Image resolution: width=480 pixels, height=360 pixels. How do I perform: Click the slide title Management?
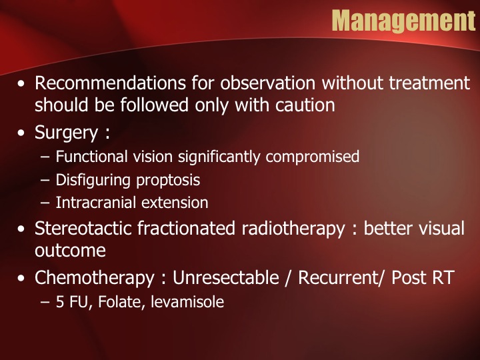coord(404,21)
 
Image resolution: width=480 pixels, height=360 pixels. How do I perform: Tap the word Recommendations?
coord(110,83)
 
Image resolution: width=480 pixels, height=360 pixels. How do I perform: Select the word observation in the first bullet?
coord(267,83)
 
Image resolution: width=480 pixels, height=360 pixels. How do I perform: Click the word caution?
coord(305,105)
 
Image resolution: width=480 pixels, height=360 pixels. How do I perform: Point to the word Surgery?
coord(66,133)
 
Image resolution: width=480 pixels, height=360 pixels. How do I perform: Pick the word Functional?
coord(91,157)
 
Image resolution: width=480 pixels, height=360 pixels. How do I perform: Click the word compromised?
coord(312,157)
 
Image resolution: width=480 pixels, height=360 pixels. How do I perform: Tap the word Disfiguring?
coord(93,180)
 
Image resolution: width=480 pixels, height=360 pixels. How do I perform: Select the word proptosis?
coord(168,181)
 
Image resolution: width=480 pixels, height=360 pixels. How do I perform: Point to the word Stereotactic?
coord(83,229)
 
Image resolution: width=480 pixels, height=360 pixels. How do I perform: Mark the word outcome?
coord(70,251)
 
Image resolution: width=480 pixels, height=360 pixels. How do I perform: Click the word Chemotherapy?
coord(94,278)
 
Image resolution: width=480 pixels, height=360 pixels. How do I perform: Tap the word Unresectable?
coord(226,277)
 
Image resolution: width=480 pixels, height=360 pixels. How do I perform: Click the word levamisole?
coord(187,301)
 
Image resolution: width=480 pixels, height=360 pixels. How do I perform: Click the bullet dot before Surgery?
coord(21,133)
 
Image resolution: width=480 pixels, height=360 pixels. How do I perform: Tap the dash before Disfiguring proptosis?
coord(45,180)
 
